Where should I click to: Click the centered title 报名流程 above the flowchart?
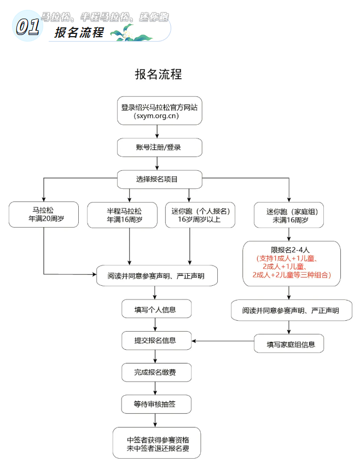pyautogui.click(x=158, y=74)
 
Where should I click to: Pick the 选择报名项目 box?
pyautogui.click(x=159, y=178)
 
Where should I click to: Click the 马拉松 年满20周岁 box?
pyautogui.click(x=43, y=215)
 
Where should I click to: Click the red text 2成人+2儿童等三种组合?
pyautogui.click(x=292, y=275)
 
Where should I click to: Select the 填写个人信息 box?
pyautogui.click(x=156, y=309)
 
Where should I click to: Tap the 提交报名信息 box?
pyautogui.click(x=156, y=340)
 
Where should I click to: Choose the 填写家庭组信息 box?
pyautogui.click(x=288, y=344)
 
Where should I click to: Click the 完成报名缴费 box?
pyautogui.click(x=156, y=373)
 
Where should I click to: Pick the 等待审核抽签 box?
pyautogui.click(x=156, y=404)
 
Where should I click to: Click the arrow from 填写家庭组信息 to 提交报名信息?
pyautogui.click(x=222, y=342)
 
